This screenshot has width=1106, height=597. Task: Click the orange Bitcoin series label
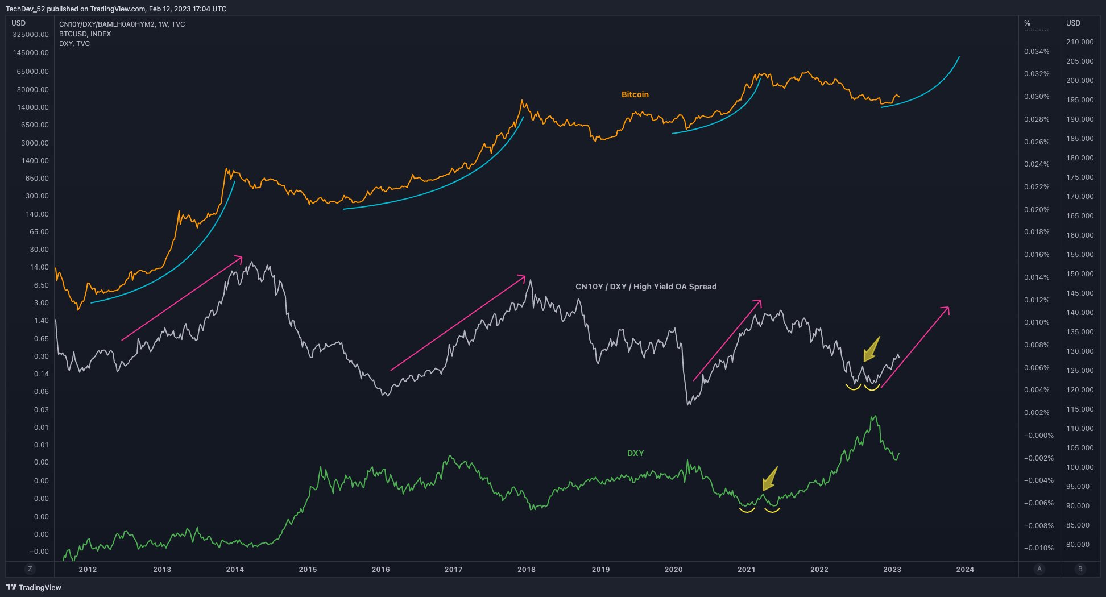click(x=635, y=94)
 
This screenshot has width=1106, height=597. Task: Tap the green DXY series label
click(x=635, y=453)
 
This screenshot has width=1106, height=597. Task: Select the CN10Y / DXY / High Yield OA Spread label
click(x=646, y=287)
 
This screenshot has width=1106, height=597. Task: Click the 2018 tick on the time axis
click(x=527, y=569)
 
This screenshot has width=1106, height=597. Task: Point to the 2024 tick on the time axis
click(x=965, y=569)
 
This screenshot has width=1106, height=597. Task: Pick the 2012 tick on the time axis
click(x=88, y=569)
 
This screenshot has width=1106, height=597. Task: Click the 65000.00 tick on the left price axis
click(x=33, y=72)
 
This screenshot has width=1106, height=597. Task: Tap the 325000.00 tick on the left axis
click(x=31, y=35)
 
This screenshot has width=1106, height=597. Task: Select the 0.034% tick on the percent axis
click(x=1037, y=52)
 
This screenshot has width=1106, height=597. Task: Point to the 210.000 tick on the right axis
click(x=1080, y=42)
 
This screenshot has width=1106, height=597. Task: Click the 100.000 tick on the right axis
click(x=1080, y=467)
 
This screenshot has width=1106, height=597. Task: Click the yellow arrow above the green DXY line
click(x=769, y=479)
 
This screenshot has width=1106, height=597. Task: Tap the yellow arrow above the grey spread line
click(x=871, y=349)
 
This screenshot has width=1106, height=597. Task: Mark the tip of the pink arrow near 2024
click(x=949, y=307)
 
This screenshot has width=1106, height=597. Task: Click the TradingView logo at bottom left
click(x=33, y=587)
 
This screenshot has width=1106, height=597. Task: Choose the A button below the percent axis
click(x=1039, y=569)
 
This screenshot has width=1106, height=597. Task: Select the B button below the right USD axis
click(x=1080, y=569)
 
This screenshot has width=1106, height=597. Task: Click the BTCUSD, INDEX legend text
click(x=85, y=34)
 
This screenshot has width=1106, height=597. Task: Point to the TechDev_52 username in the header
click(x=24, y=9)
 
